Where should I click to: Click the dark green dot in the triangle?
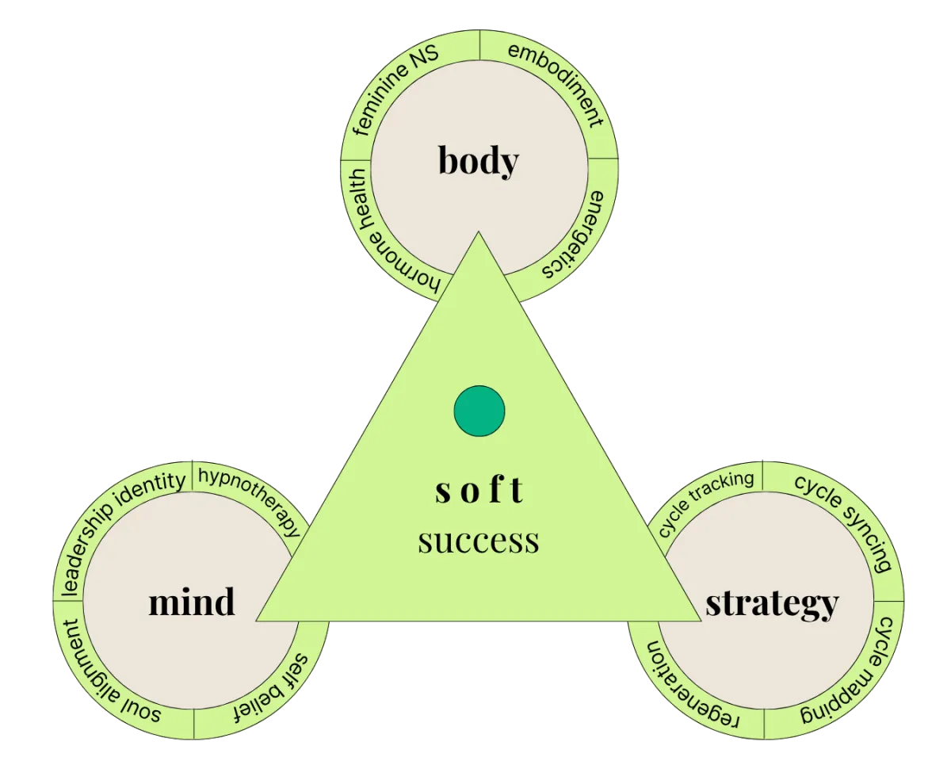[x=479, y=411]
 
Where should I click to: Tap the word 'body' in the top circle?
[x=479, y=160]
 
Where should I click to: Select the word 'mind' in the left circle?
[x=192, y=602]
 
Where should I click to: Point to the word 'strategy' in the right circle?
[x=772, y=605]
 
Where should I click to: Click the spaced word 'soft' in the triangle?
[x=479, y=490]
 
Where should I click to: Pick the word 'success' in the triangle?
[x=479, y=541]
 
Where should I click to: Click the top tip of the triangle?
[x=478, y=231]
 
